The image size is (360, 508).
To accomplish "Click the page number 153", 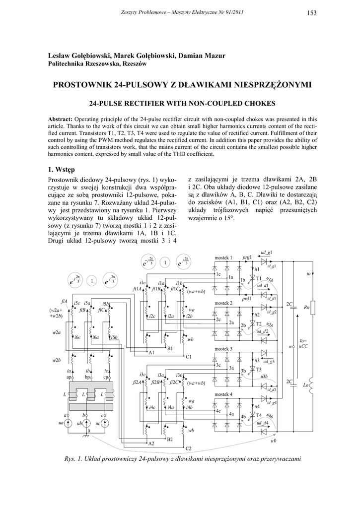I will (x=312, y=13).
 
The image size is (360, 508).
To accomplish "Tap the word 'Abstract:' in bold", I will (x=60, y=120).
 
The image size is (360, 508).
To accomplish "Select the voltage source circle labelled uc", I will (x=105, y=423).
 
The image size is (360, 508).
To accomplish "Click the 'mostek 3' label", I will (x=223, y=349).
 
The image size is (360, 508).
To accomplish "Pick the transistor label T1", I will (x=258, y=278).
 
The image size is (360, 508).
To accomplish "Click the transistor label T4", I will (x=259, y=415).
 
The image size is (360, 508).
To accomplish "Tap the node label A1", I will (x=152, y=352).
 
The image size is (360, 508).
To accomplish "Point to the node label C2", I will (x=188, y=448).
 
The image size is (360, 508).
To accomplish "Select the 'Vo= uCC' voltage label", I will (x=303, y=344).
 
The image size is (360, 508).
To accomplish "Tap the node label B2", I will (x=169, y=440).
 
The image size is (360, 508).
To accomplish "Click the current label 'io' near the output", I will (x=308, y=273).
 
